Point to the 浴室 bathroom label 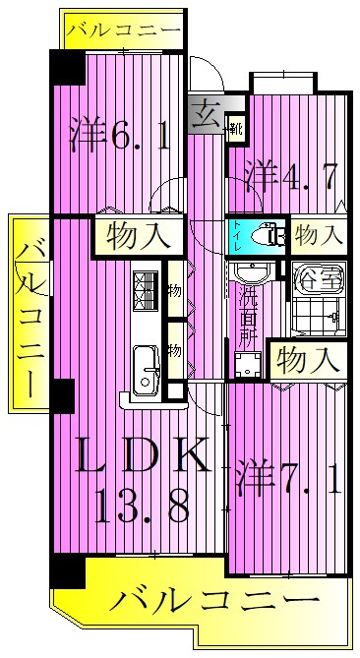(320, 278)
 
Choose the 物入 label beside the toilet (319, 235)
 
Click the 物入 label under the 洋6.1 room (139, 236)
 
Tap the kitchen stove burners (146, 291)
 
